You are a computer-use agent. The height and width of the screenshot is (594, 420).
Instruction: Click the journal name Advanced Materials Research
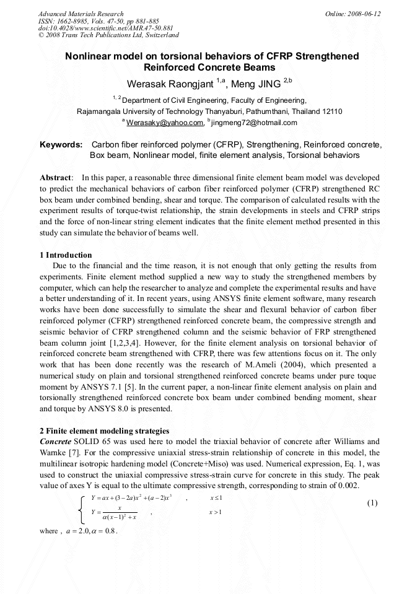click(81, 14)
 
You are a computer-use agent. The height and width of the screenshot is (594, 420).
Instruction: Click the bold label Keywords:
click(61, 145)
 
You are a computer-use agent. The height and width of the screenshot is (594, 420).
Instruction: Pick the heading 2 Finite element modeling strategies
click(103, 430)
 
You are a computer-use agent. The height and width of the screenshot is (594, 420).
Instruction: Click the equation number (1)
click(372, 503)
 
